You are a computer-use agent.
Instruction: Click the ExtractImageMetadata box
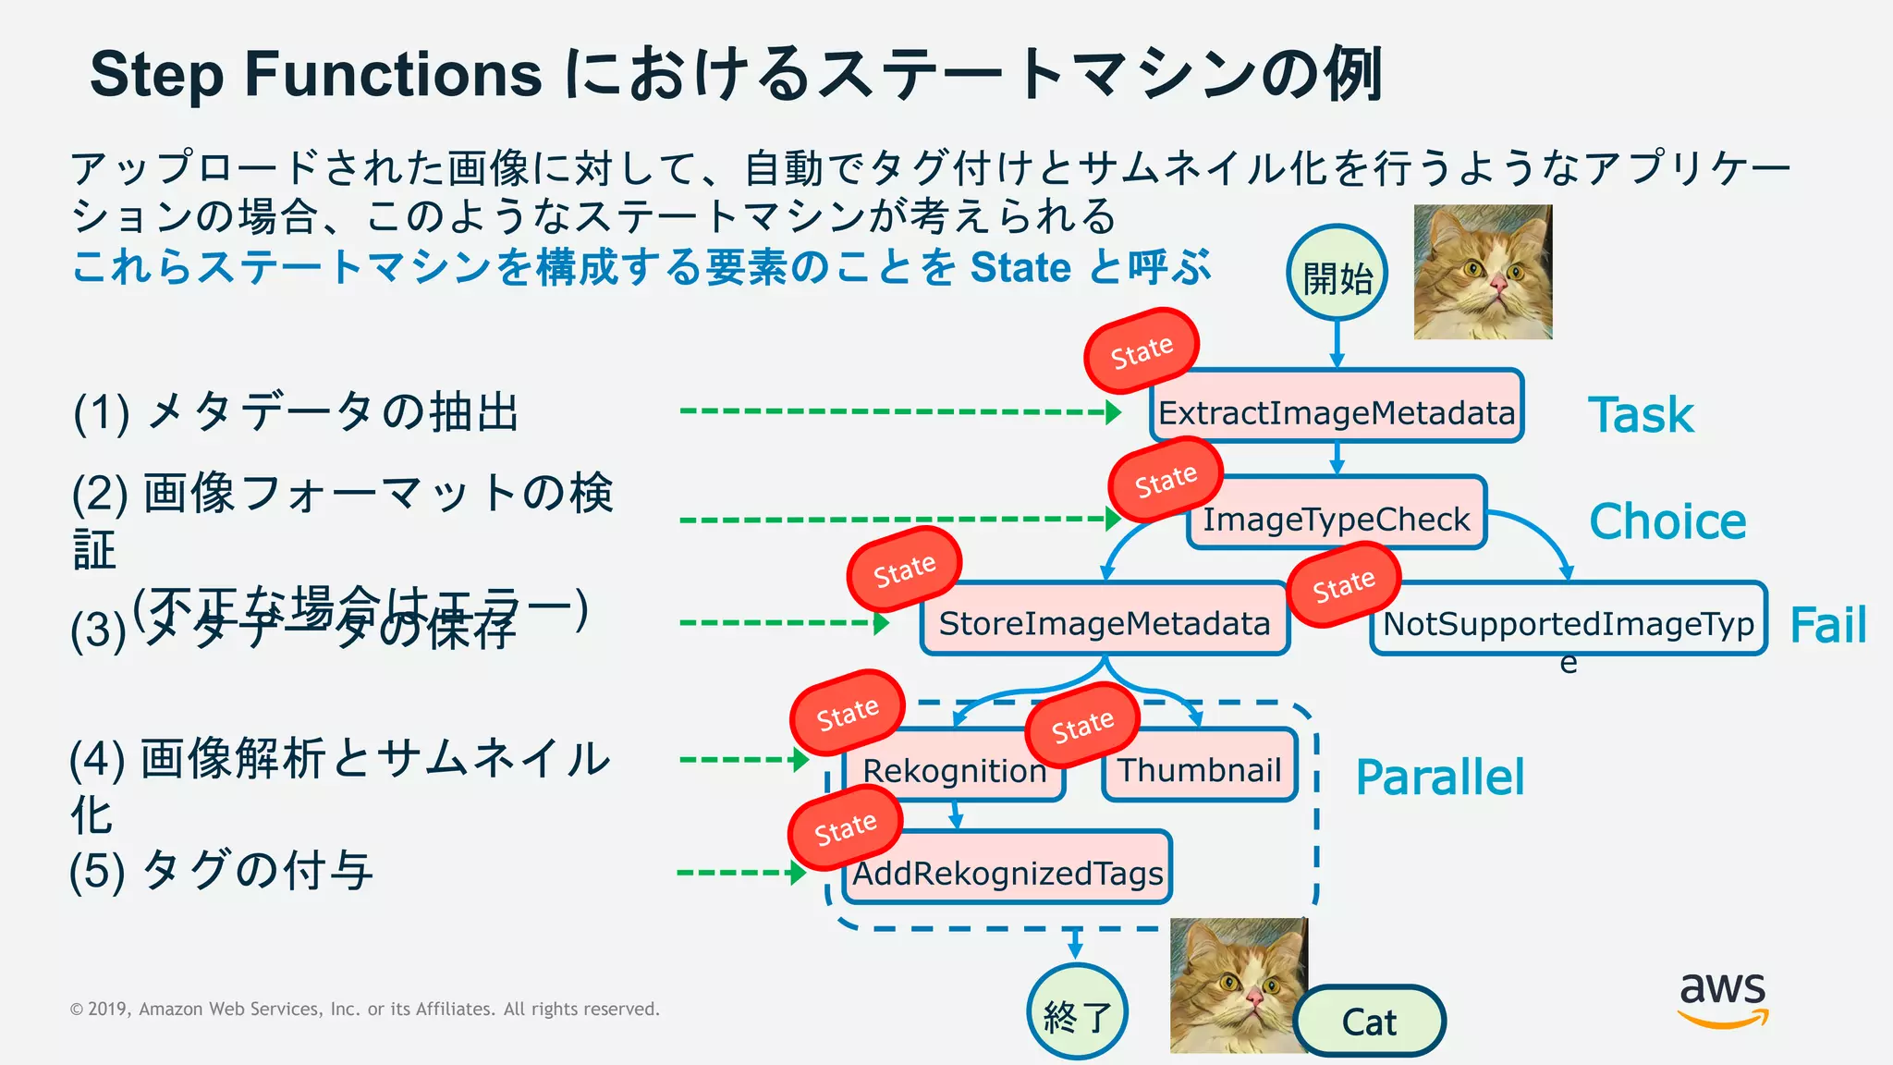point(1337,407)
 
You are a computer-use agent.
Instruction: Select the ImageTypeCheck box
point(1337,514)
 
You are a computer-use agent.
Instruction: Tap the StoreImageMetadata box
point(1105,619)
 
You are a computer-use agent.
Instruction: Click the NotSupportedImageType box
point(1568,619)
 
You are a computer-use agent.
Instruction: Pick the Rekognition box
point(954,767)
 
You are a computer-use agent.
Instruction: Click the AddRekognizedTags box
point(1008,869)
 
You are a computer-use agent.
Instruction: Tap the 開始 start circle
point(1337,274)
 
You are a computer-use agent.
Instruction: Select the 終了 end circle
point(1077,1012)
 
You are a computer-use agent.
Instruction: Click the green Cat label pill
point(1369,1021)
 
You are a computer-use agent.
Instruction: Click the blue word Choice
point(1667,521)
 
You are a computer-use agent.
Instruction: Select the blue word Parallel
point(1439,777)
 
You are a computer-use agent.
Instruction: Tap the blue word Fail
point(1827,625)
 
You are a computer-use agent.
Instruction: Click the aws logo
point(1722,998)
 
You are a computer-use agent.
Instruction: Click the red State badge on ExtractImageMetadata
point(1142,351)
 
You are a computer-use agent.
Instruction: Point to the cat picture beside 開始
point(1483,272)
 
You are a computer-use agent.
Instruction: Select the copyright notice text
point(364,1009)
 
